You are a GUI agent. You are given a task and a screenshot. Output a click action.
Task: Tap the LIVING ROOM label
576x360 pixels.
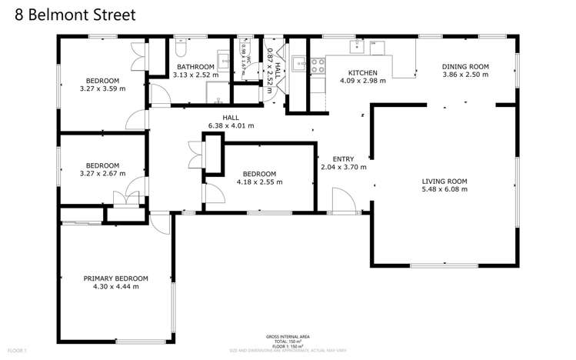tap(444, 182)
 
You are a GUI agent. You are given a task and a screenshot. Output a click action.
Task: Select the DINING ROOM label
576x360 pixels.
tap(464, 67)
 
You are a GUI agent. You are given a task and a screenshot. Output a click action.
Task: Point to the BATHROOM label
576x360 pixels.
tap(195, 67)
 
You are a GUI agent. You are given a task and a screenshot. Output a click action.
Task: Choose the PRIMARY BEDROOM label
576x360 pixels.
tap(115, 278)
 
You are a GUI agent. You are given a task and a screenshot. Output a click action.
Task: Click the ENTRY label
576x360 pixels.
tap(342, 158)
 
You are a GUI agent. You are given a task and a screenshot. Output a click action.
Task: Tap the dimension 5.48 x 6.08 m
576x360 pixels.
tap(444, 190)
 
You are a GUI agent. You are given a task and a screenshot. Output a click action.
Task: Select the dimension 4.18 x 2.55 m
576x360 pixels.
tap(260, 182)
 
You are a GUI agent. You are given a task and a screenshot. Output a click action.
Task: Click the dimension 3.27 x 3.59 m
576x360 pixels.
tap(102, 89)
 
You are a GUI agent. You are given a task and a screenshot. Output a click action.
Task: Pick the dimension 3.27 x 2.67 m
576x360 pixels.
tap(102, 174)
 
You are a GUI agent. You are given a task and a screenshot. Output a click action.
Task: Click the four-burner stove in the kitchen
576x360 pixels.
tap(316, 65)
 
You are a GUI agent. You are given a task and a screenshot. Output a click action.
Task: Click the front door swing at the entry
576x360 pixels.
tap(342, 202)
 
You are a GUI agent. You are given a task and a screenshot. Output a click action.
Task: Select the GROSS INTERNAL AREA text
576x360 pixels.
tap(288, 337)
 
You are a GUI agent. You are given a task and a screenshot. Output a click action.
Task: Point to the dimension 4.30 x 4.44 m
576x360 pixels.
tap(115, 287)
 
